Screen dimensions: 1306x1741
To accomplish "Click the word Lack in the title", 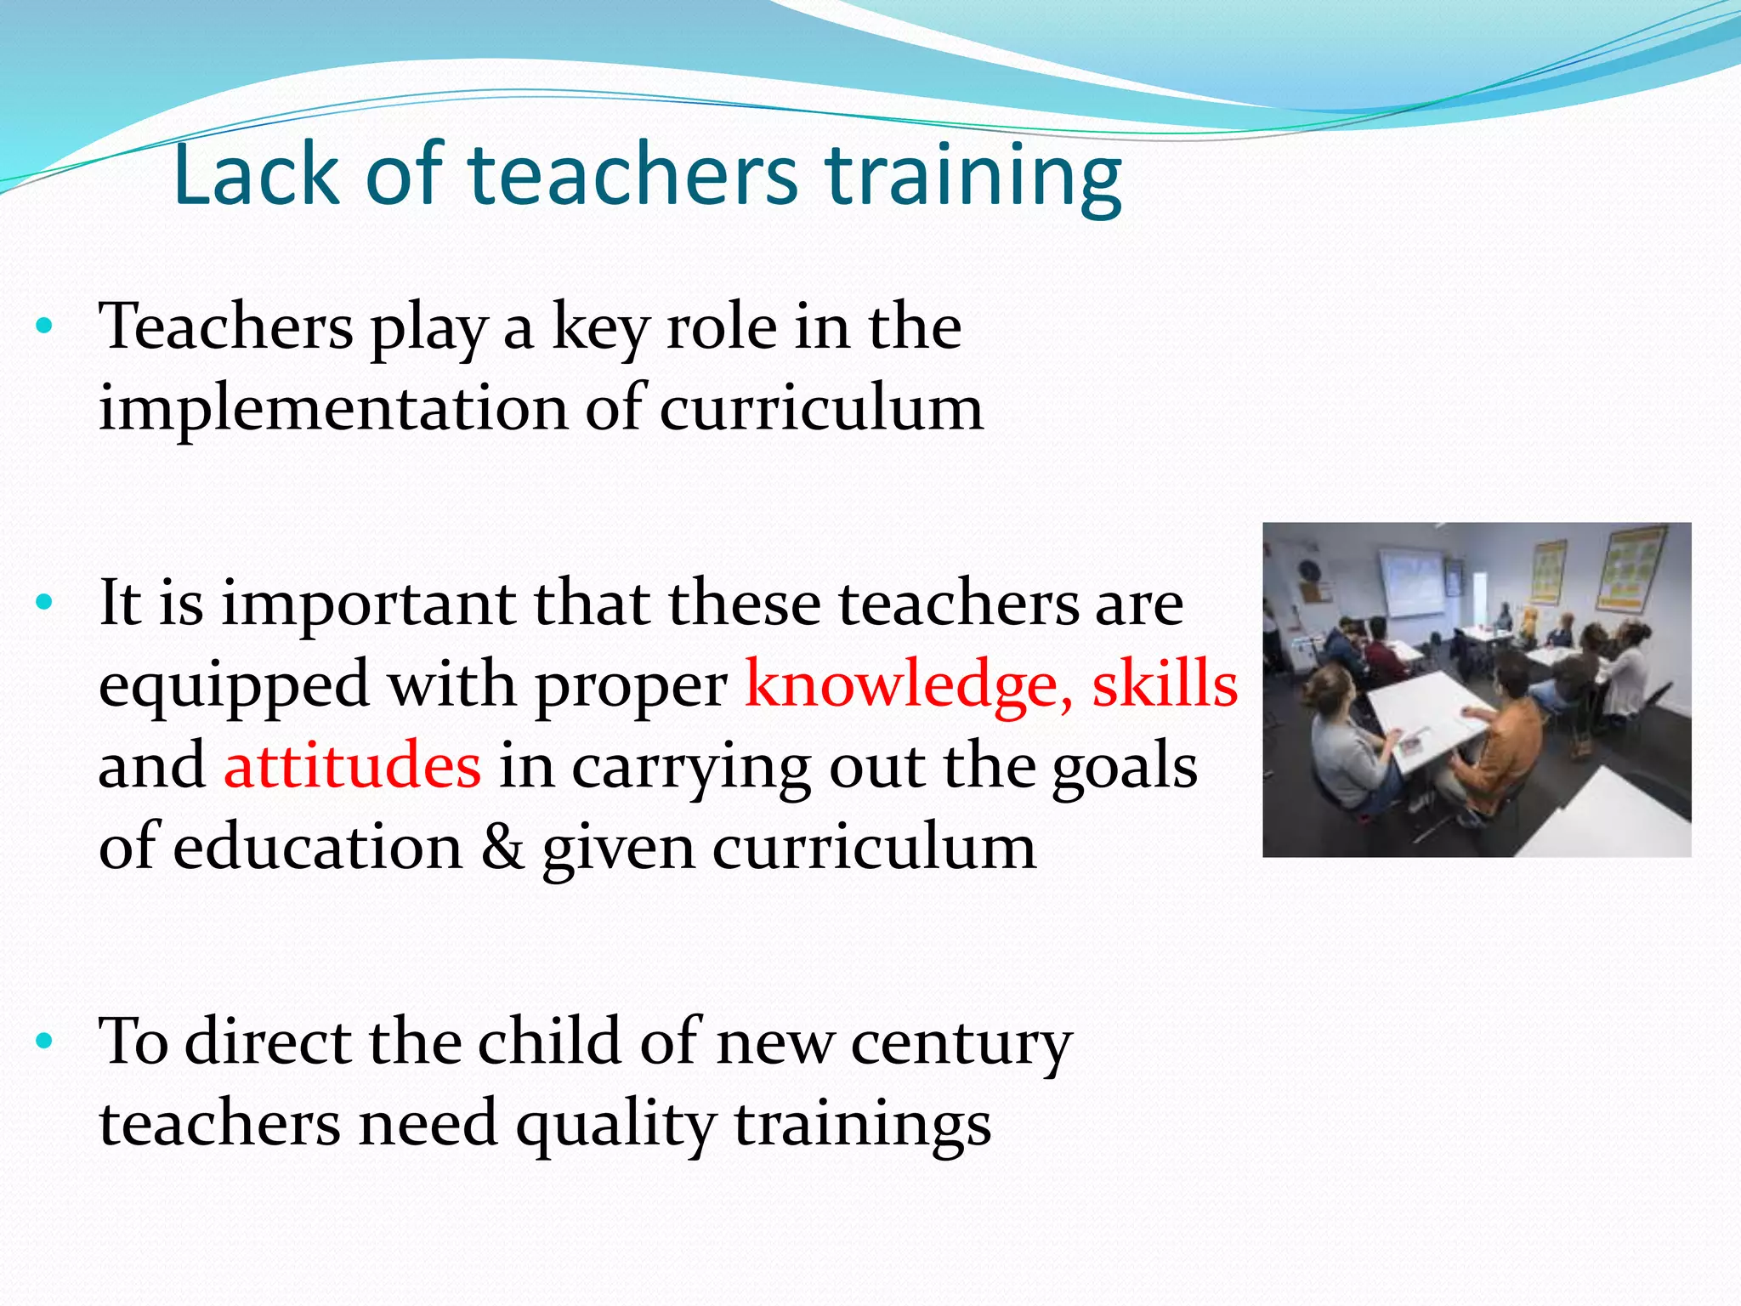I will click(256, 174).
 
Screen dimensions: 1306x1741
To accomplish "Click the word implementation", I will click(332, 409).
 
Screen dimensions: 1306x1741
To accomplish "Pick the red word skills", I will click(1165, 684).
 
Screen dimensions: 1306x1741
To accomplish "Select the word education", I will click(318, 847).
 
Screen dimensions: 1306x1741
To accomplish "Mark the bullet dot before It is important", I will click(45, 603).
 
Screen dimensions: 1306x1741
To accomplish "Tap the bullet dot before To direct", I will click(45, 1041).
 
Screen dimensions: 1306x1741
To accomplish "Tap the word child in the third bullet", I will click(549, 1042).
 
